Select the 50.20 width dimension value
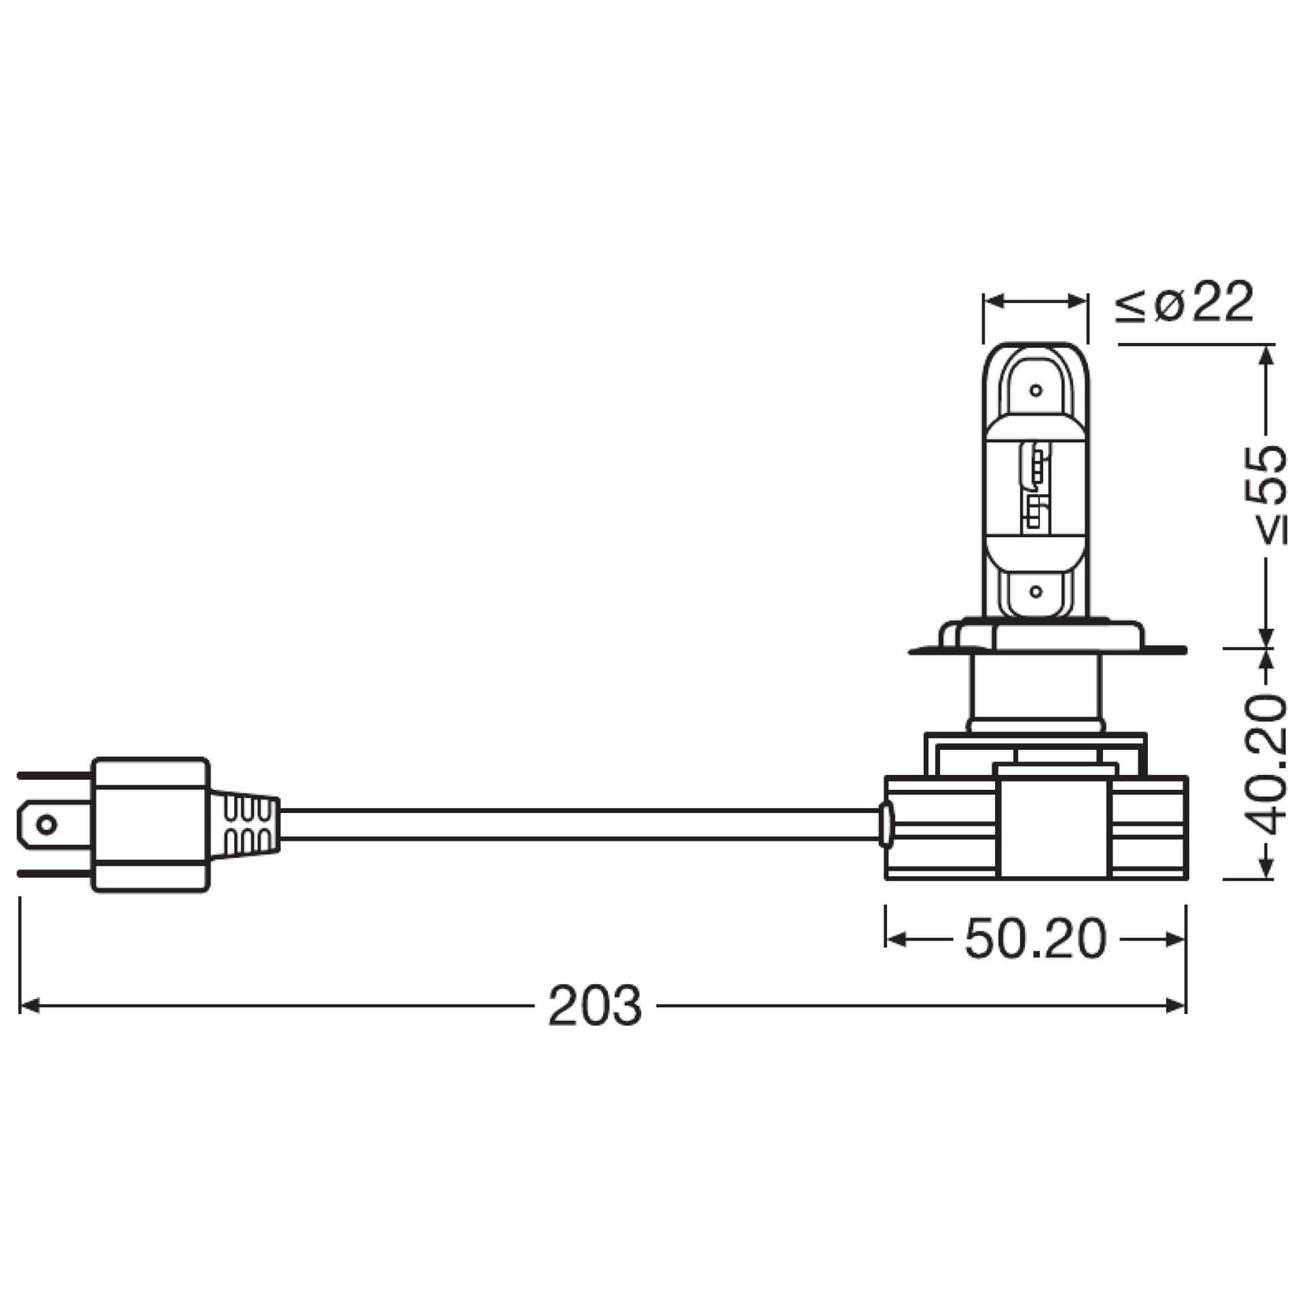pyautogui.click(x=1035, y=940)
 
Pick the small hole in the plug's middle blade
pyautogui.click(x=46, y=825)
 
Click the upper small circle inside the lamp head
pyautogui.click(x=1036, y=391)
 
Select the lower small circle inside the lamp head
pyautogui.click(x=1036, y=592)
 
